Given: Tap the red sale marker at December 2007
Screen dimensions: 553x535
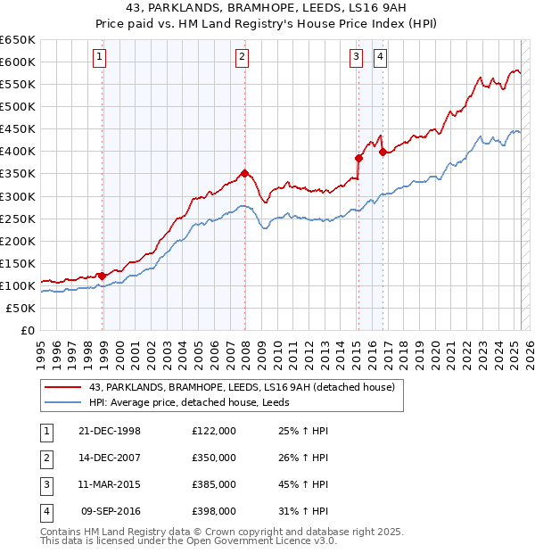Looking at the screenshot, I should pyautogui.click(x=244, y=173).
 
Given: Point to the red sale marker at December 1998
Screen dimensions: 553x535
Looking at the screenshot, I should pyautogui.click(x=102, y=276).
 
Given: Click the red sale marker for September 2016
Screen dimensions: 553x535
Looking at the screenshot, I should pyautogui.click(x=383, y=152).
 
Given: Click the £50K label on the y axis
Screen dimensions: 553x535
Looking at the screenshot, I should pyautogui.click(x=21, y=308).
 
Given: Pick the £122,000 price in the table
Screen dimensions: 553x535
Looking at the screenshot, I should pyautogui.click(x=214, y=430).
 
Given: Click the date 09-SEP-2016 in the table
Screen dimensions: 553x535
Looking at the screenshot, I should pyautogui.click(x=111, y=512).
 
